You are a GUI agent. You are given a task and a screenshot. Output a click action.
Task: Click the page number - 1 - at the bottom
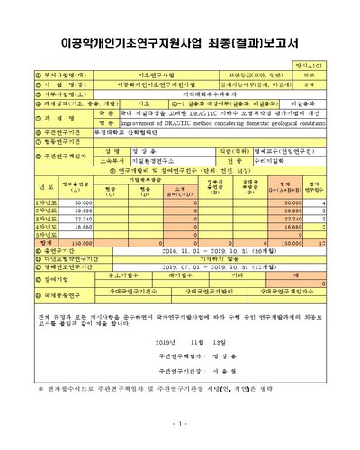click(180, 422)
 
